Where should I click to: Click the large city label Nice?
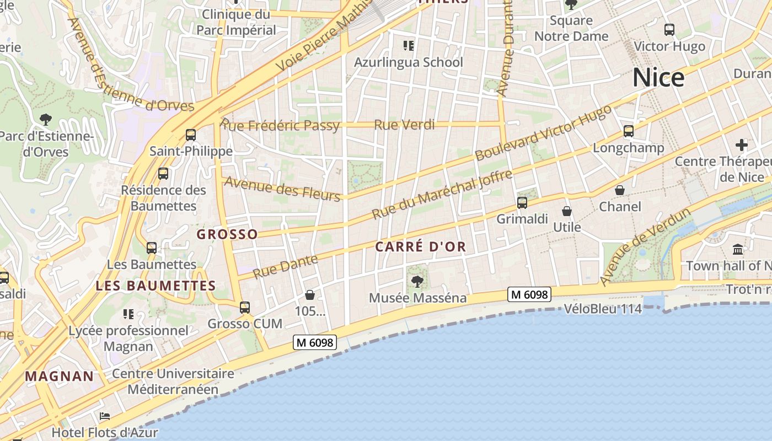658,78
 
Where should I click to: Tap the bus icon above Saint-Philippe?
191,135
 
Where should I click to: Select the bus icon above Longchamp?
629,131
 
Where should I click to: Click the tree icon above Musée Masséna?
417,282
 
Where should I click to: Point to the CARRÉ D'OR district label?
421,247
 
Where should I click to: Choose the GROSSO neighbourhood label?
227,234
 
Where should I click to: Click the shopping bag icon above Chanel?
620,190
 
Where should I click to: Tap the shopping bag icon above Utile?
567,211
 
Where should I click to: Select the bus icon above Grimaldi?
522,202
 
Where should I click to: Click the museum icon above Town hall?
738,249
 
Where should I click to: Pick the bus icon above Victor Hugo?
669,30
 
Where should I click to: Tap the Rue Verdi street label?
404,125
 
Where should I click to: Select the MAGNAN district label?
60,377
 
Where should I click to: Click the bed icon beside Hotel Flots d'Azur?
105,416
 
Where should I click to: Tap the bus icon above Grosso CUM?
245,307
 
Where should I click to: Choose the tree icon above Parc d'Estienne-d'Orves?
46,119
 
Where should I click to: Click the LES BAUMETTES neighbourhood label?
156,286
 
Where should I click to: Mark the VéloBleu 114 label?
603,309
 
